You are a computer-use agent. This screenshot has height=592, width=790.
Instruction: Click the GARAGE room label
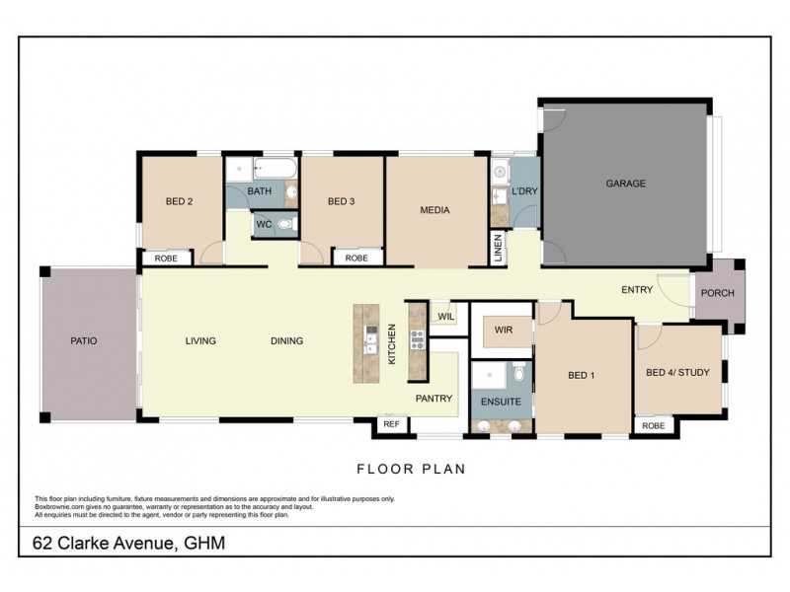coord(625,184)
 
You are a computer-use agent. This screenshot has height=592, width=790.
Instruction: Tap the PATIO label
coord(84,340)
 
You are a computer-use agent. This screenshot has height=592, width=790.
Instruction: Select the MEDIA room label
coord(434,210)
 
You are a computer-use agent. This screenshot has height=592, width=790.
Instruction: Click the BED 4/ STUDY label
coord(677,372)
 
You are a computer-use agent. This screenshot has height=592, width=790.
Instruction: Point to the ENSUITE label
coord(502,403)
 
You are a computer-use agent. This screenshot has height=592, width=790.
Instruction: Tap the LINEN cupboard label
coord(499,249)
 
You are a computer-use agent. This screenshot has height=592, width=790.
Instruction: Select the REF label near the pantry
coord(390,424)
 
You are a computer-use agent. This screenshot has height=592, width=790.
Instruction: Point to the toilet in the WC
coord(285,225)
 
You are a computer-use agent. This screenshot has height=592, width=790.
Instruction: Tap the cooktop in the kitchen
coord(416,340)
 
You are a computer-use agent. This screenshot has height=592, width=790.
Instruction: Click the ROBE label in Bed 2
coord(166,258)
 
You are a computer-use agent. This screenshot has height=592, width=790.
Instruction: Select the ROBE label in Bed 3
coord(356,258)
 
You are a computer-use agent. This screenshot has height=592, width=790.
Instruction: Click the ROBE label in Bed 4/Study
coord(653,425)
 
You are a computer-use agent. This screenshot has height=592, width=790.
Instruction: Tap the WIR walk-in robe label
coord(502,329)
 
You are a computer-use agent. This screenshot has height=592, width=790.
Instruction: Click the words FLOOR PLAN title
coord(410,469)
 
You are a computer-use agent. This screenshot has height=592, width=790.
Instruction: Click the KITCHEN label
coord(391,344)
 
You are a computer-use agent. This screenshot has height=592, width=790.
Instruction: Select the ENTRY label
coord(636,290)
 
